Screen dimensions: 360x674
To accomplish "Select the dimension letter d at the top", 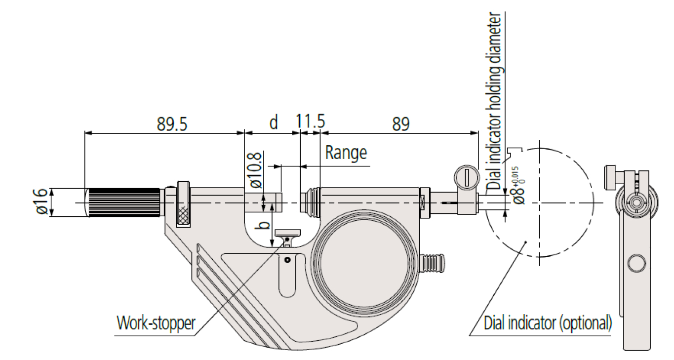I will coord(273,122).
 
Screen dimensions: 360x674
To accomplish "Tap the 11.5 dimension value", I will coord(310,122).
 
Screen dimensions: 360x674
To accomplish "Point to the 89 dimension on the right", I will coord(401,123).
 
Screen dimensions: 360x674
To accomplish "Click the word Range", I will coord(346,153).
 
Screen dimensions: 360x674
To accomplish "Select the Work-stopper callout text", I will coord(156,323).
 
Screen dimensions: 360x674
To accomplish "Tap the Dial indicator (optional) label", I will coord(548,323).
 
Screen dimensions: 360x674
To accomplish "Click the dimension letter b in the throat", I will coord(265,225).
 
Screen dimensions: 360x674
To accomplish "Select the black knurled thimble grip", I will coord(125,202).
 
